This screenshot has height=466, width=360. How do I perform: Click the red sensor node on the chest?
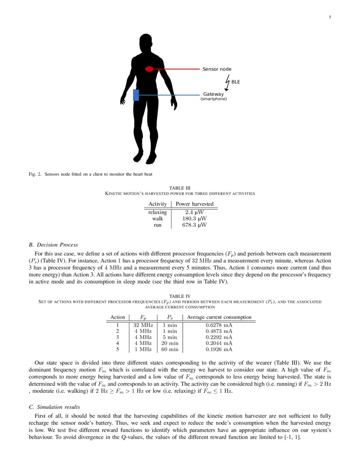click(x=149, y=69)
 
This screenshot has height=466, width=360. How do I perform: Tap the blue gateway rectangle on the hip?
click(x=136, y=95)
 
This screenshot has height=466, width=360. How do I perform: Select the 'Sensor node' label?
click(x=217, y=69)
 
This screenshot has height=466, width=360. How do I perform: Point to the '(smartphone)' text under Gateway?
click(x=213, y=99)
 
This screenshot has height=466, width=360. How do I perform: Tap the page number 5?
click(x=330, y=17)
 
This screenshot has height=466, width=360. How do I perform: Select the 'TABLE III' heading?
click(x=180, y=187)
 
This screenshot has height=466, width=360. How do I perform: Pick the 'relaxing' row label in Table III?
click(x=158, y=212)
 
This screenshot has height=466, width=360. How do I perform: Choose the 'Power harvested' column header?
click(x=194, y=204)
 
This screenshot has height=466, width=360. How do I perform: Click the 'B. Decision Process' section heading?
click(x=53, y=245)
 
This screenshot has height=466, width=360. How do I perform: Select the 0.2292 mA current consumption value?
click(x=219, y=337)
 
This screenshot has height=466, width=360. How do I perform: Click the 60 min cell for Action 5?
click(x=170, y=349)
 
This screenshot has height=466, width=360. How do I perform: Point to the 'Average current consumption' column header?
click(x=219, y=317)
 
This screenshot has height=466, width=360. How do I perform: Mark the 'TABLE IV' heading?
click(x=180, y=296)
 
